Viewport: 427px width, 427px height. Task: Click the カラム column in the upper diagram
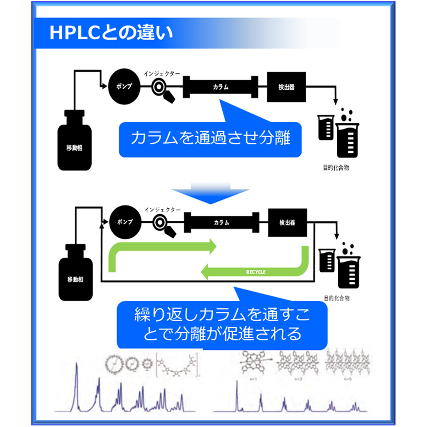[221, 87]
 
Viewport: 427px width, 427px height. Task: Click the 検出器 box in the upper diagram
[287, 87]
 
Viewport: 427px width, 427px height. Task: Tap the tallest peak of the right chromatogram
[236, 386]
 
